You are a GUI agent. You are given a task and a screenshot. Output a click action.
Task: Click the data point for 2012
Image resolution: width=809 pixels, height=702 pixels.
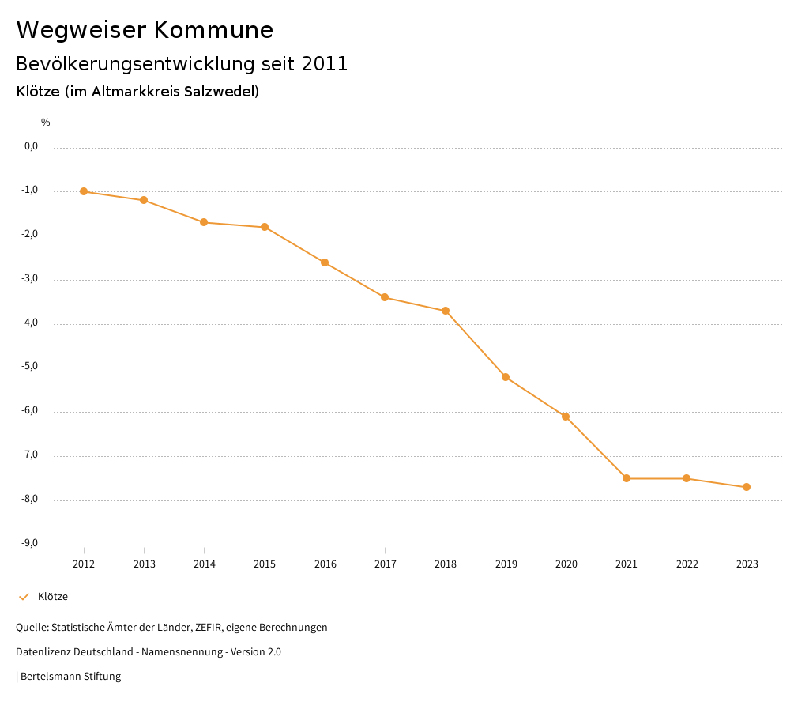[x=84, y=191]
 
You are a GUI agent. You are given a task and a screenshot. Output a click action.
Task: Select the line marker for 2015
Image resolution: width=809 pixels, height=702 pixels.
[x=265, y=227]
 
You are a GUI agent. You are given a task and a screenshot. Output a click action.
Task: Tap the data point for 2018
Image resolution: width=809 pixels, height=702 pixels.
[x=446, y=311]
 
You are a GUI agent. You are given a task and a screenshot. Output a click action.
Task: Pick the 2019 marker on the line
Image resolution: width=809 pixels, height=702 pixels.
[x=506, y=377]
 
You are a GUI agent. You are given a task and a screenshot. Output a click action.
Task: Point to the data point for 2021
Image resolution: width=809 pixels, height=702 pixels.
[x=627, y=478]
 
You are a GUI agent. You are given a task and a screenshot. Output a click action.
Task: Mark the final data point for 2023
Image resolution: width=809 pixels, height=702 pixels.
[x=747, y=487]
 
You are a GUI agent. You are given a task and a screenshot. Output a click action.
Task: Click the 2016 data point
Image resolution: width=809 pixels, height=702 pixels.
[x=325, y=262]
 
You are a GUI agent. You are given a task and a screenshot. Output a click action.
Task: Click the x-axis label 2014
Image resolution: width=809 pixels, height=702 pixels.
[x=205, y=564]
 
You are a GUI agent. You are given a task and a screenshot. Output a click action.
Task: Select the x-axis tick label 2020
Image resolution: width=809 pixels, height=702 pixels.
[x=566, y=564]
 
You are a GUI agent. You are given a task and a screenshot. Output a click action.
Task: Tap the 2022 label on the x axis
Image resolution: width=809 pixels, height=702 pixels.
[x=687, y=564]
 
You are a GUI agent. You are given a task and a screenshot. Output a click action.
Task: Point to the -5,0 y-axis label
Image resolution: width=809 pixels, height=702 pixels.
[x=31, y=367]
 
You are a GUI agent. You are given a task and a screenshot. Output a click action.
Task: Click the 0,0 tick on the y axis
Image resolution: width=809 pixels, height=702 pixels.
[x=32, y=146]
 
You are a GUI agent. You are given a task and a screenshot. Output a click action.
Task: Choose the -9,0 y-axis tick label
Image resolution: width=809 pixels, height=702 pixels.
[x=31, y=544]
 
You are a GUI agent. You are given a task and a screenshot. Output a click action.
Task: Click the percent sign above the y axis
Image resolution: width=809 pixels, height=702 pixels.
[x=46, y=123]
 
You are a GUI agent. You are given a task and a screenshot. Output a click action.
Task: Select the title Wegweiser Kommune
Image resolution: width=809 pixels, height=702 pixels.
[x=145, y=30]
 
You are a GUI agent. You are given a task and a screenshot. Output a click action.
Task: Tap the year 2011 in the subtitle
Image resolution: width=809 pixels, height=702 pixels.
[x=325, y=64]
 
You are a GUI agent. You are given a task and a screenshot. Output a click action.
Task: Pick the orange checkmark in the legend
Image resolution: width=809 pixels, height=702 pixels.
[x=24, y=597]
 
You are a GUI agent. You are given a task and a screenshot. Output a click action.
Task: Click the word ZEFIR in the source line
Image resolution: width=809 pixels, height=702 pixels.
[x=207, y=628]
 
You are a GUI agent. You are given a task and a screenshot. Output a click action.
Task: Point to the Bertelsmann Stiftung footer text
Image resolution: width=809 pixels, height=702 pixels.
[x=70, y=677]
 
